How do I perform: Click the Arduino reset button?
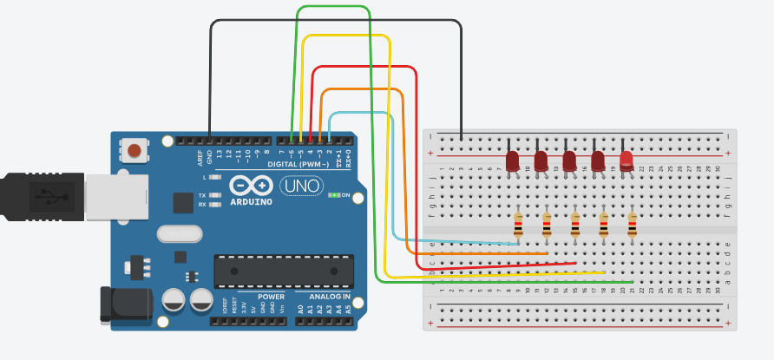pos(134,151)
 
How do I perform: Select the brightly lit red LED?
pos(626,159)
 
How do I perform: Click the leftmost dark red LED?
pos(512,160)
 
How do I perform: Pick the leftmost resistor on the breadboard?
pos(518,226)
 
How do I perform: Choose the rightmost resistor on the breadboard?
pos(632,226)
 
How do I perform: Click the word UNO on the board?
pos(301,186)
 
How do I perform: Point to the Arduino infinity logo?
pos(251,187)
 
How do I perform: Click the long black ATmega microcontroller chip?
pos(284,271)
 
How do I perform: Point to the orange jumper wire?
pos(403,173)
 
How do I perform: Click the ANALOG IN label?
pos(329,297)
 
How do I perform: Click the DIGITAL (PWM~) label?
pos(298,164)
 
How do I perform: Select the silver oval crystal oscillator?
pos(180,233)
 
